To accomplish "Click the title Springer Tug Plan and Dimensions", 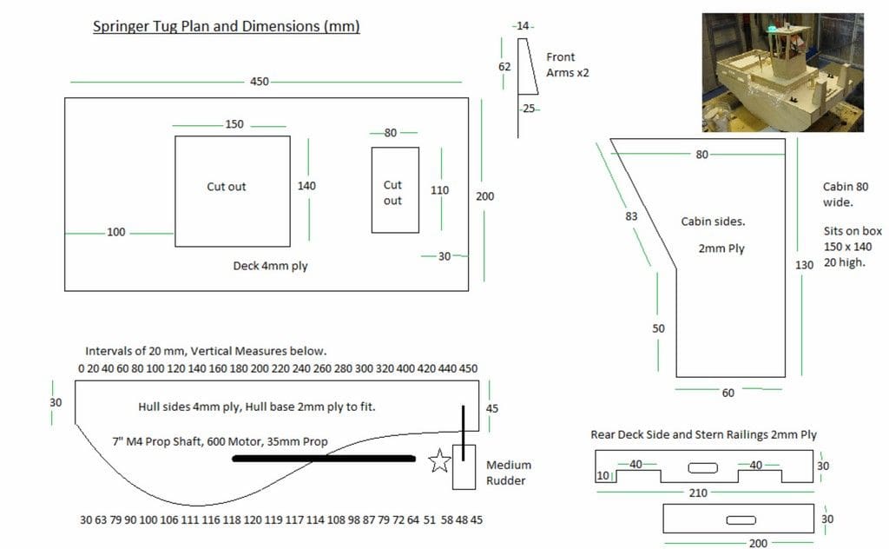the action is pyautogui.click(x=227, y=26).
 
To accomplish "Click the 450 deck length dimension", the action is pyautogui.click(x=259, y=82).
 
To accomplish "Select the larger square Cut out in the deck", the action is pyautogui.click(x=233, y=191).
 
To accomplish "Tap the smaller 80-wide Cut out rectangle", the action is pyautogui.click(x=395, y=190).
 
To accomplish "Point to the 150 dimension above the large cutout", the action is pyautogui.click(x=234, y=124).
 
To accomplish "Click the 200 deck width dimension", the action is pyautogui.click(x=484, y=196).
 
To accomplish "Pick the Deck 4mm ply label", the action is pyautogui.click(x=270, y=266).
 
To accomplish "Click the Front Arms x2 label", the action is pyautogui.click(x=568, y=64).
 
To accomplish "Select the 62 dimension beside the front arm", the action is pyautogui.click(x=504, y=67).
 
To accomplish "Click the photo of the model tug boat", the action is pyautogui.click(x=782, y=73).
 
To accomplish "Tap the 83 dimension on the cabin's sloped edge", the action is pyautogui.click(x=631, y=216).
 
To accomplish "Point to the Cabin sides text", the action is pyautogui.click(x=713, y=222).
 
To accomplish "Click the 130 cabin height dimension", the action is pyautogui.click(x=804, y=265).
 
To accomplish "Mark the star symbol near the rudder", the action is pyautogui.click(x=439, y=460).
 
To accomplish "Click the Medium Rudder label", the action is pyautogui.click(x=509, y=473).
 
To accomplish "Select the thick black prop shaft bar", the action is pyautogui.click(x=324, y=459).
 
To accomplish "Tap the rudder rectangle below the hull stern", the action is pyautogui.click(x=464, y=466).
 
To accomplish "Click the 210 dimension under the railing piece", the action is pyautogui.click(x=698, y=493).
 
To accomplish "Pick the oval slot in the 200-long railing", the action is pyautogui.click(x=741, y=520).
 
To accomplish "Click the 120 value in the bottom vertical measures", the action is pyautogui.click(x=253, y=519).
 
